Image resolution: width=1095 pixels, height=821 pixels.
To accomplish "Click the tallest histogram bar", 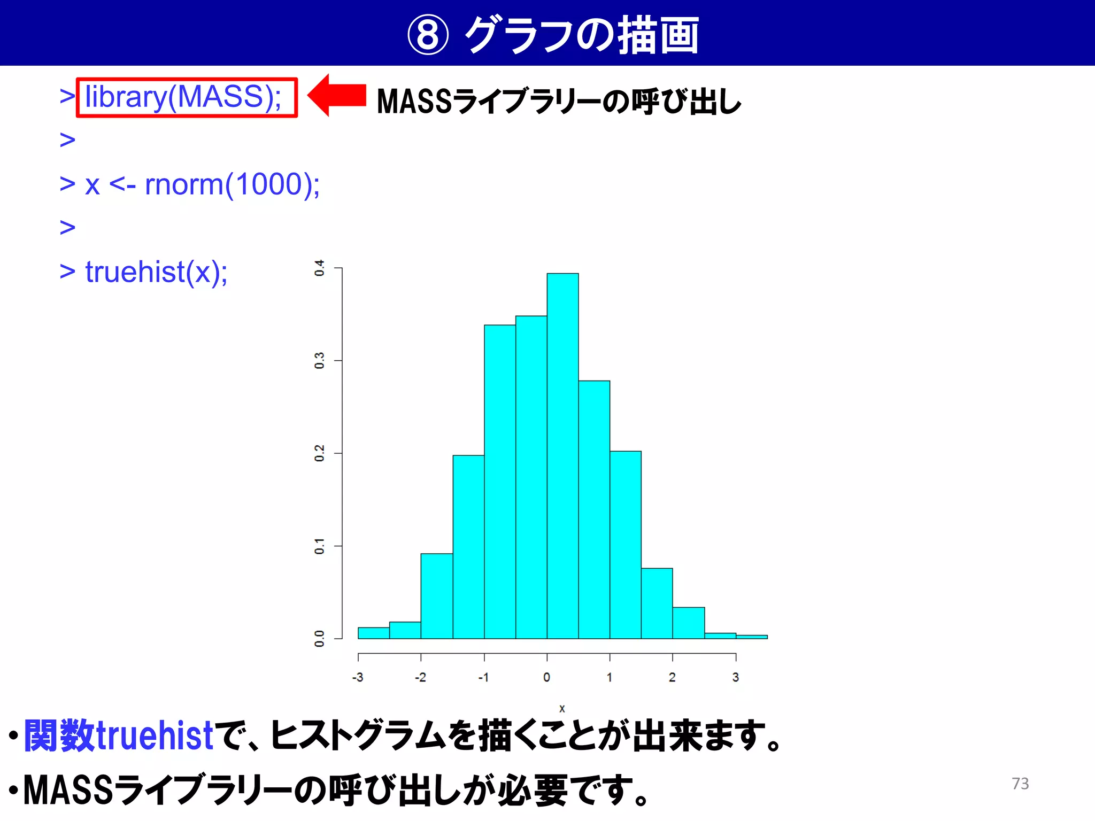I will click(562, 454).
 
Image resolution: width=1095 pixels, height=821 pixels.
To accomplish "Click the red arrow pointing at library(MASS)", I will click(337, 96).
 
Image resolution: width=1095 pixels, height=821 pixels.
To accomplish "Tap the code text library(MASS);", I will click(183, 97).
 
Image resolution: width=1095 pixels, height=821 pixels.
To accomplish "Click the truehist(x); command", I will click(156, 272).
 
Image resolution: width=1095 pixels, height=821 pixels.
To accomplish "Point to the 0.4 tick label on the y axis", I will click(319, 268).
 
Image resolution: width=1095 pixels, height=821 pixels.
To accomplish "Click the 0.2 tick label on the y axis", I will click(319, 453).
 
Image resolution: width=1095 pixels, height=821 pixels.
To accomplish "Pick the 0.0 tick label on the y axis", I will click(319, 638).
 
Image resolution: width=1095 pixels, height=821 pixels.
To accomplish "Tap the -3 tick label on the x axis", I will click(358, 677).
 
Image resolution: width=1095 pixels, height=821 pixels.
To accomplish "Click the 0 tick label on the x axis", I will click(546, 677).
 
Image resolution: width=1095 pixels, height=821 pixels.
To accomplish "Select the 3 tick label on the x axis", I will click(736, 677).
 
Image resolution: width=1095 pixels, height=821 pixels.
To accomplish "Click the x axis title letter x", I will click(562, 709).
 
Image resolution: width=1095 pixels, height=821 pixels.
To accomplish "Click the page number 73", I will click(1020, 784).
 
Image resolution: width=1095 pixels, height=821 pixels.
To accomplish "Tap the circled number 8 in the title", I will click(428, 35).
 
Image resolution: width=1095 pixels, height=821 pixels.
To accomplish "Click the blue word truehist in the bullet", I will click(155, 736).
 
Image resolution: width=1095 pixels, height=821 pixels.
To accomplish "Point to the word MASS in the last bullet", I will click(68, 790).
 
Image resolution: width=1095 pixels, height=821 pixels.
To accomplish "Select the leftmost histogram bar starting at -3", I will click(373, 633).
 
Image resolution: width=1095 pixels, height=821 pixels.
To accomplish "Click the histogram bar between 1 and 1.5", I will click(626, 545).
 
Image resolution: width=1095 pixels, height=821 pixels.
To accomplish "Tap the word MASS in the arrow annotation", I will click(414, 101).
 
